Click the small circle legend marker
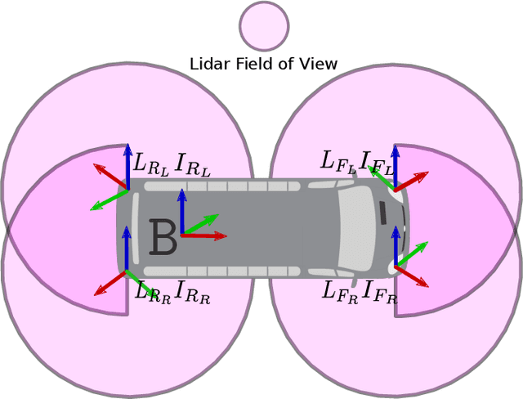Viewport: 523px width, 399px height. [264, 26]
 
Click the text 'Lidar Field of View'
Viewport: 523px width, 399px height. [263, 64]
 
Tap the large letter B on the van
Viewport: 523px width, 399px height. [163, 239]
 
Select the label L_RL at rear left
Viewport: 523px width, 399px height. [150, 164]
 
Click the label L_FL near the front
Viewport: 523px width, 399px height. [337, 161]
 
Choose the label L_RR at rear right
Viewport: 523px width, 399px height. [153, 291]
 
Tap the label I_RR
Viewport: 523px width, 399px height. [193, 292]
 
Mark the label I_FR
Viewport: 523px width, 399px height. [380, 291]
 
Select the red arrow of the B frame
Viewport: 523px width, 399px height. [204, 235]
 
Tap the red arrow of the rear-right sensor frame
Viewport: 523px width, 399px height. [109, 283]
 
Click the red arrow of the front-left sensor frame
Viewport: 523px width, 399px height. [413, 181]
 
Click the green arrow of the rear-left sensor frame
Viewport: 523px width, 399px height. [107, 200]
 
